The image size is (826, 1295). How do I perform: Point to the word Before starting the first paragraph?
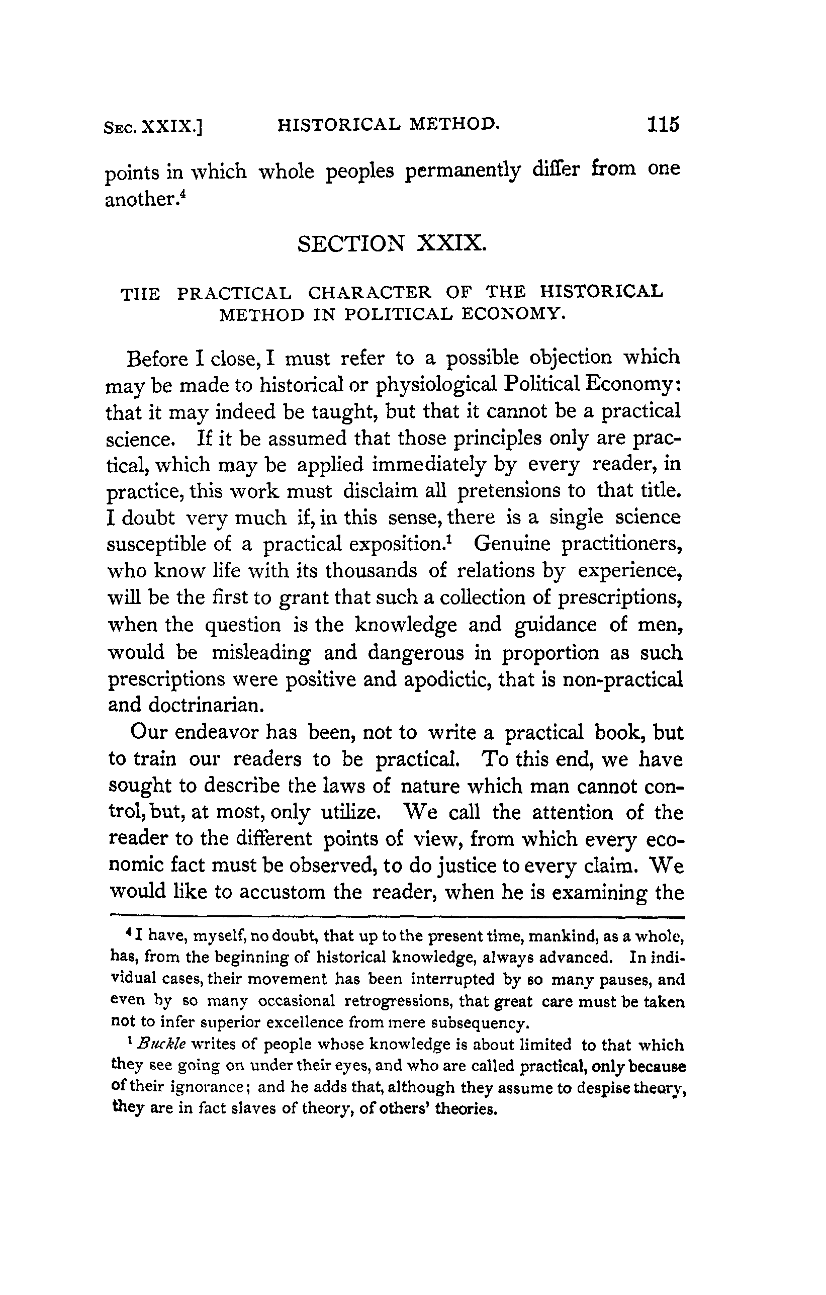coord(157,358)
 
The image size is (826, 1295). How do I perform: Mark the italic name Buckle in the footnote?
coord(161,1045)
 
